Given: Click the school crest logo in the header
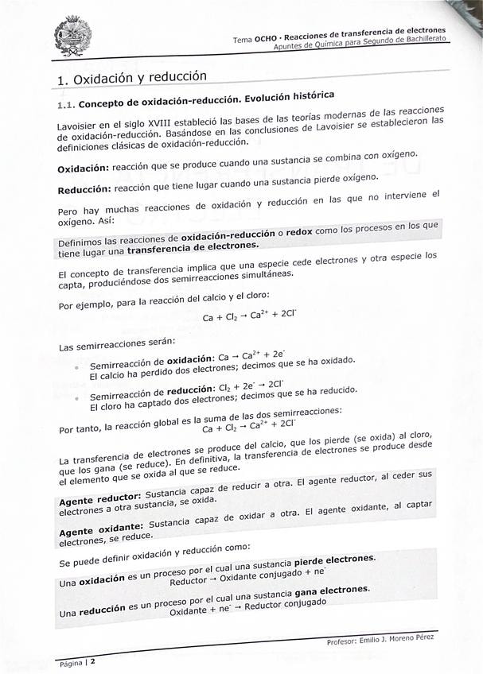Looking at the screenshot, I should coord(72,37).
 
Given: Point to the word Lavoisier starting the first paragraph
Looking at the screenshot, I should coord(77,126).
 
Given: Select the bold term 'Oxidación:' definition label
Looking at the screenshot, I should coord(83,168).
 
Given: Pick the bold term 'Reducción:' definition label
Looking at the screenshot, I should coord(84,190).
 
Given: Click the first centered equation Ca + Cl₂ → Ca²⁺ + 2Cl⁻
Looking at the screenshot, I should coord(249,316).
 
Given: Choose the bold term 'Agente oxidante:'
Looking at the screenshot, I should coord(100,529).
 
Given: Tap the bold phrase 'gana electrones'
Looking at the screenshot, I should coord(331,591).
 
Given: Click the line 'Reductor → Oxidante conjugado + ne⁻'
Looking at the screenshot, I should coord(247,573).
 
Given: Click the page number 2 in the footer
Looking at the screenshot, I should coord(92,660).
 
